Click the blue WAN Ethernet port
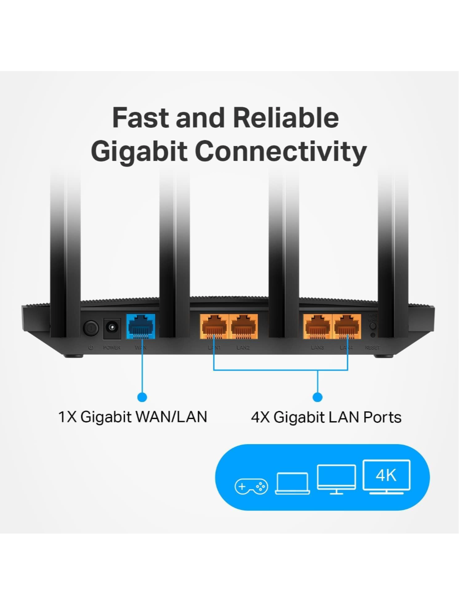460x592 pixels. point(141,326)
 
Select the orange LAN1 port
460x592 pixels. point(214,327)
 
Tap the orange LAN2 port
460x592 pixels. point(243,327)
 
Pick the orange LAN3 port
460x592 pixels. point(317,327)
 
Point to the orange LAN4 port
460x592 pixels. point(347,327)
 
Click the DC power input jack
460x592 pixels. point(112,328)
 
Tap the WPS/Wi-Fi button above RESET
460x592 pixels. point(373,326)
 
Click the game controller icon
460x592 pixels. point(251,486)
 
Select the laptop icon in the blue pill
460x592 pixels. point(293,483)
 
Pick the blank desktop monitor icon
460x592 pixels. point(336,479)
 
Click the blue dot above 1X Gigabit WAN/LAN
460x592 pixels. point(142,397)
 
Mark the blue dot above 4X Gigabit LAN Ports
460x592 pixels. point(317,397)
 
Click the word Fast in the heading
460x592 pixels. point(141,118)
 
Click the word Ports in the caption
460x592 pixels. point(382,417)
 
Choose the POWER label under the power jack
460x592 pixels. point(112,348)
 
